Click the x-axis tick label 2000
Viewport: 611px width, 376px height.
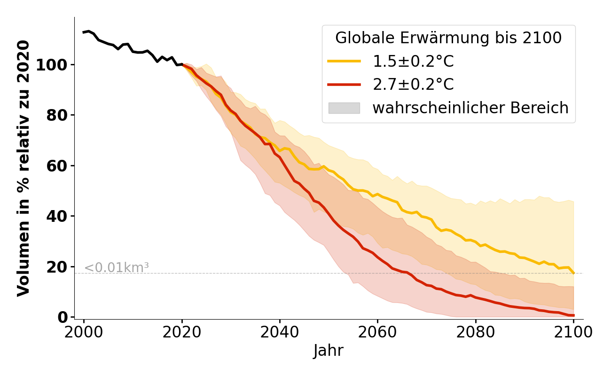[x=84, y=332]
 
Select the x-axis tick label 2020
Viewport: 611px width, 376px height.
[x=182, y=332]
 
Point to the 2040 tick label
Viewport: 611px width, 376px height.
[x=280, y=332]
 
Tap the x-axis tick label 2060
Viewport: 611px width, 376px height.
[x=377, y=332]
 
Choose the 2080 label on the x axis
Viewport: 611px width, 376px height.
[x=475, y=332]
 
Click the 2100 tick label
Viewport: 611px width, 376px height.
[x=573, y=332]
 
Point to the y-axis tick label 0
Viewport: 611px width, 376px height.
[x=63, y=317]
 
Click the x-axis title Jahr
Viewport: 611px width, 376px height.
[x=329, y=351]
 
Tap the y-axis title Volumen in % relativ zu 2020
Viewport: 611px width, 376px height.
[x=23, y=168]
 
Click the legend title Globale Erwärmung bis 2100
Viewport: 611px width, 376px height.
[x=448, y=38]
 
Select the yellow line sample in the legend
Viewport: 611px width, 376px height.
[x=344, y=62]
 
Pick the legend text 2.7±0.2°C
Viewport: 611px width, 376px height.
[x=413, y=85]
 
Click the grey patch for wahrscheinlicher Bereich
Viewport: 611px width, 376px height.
[x=344, y=108]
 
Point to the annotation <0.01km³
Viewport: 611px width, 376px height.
[x=116, y=268]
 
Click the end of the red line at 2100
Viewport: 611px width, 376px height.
[x=573, y=315]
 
